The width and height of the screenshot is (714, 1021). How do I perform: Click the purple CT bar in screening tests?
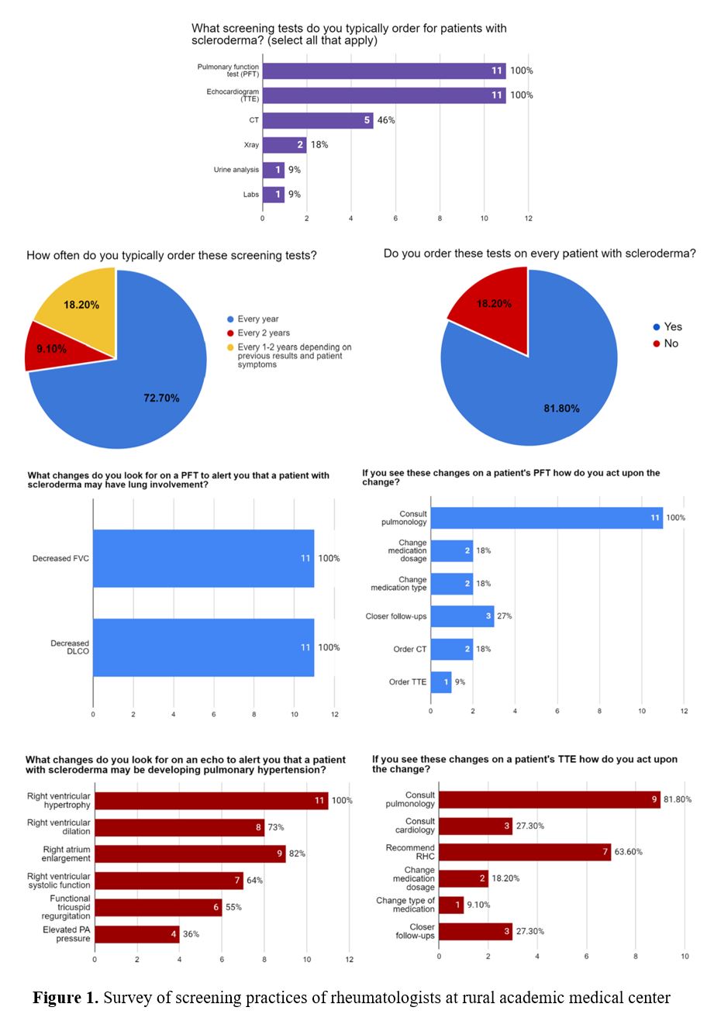(x=318, y=120)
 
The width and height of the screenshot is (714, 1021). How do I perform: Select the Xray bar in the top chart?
(x=285, y=145)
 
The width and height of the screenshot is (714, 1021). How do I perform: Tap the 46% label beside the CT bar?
(x=386, y=120)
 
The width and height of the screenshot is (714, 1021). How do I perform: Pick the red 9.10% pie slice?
(x=51, y=348)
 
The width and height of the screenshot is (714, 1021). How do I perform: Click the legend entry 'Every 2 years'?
(x=264, y=333)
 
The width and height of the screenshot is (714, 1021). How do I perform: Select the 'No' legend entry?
(x=671, y=343)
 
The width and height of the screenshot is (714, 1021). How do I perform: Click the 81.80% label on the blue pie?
(x=561, y=408)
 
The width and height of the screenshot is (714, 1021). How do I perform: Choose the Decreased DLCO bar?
(x=203, y=647)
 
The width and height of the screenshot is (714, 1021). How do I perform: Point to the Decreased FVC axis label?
(x=60, y=558)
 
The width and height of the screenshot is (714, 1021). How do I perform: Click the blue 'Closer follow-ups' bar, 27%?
(x=462, y=616)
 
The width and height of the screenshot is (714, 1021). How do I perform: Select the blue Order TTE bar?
(x=441, y=682)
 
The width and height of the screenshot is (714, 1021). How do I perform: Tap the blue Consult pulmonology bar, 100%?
(x=547, y=518)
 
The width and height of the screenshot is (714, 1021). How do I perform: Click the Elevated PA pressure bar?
(x=136, y=934)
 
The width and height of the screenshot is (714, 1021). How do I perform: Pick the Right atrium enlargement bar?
(x=190, y=854)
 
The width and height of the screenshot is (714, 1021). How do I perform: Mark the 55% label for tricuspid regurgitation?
(x=233, y=907)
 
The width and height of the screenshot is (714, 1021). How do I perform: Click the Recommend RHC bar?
(x=525, y=852)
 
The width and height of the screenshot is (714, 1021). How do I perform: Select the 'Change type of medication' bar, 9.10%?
(x=451, y=905)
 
